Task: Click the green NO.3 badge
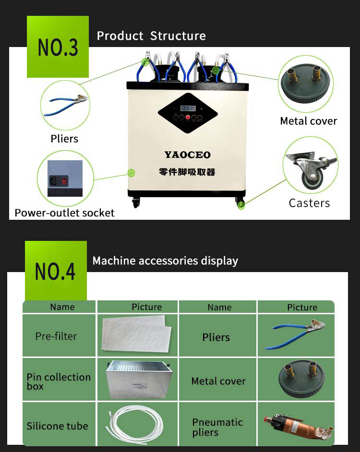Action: [58, 47]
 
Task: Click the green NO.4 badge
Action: [56, 271]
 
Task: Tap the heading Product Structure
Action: [151, 36]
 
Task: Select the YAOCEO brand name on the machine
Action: [188, 155]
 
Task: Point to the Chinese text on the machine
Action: [187, 172]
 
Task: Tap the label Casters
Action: [309, 203]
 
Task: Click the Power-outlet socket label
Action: [64, 213]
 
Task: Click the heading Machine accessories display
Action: [165, 261]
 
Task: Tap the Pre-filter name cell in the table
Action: [56, 336]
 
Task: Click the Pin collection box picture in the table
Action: [137, 379]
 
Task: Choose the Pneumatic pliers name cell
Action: [217, 427]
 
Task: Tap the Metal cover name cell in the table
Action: [218, 381]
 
